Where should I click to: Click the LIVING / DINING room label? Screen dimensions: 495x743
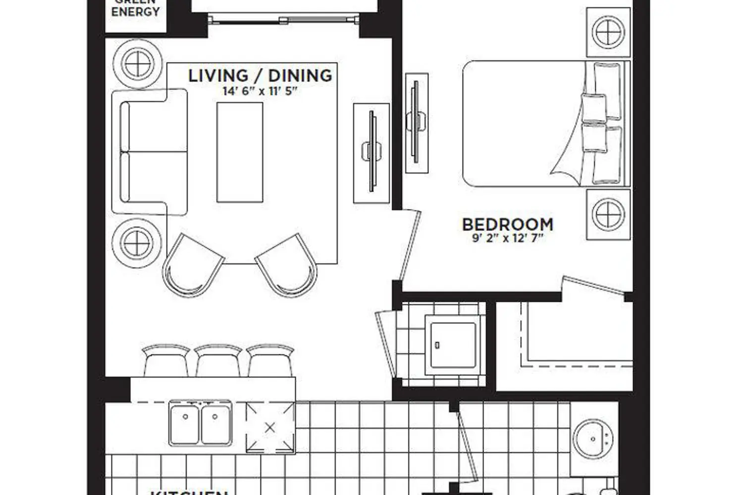260,76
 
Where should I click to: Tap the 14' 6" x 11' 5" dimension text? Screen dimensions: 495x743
260,92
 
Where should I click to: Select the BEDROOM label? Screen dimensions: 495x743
507,224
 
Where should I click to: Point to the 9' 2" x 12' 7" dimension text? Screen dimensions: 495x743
507,238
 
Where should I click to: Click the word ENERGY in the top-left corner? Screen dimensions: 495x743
135,12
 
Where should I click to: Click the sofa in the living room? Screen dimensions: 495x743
149,152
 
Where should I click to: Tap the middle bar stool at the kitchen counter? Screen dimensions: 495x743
218,360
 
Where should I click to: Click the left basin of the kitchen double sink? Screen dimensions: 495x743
185,423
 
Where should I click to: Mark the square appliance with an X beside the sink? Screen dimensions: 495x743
270,427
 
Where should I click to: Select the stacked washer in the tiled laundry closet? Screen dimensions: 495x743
453,345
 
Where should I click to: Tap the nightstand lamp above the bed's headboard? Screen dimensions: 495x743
608,32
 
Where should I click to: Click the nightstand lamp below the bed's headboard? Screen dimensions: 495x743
608,214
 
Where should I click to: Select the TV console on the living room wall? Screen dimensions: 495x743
371,152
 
